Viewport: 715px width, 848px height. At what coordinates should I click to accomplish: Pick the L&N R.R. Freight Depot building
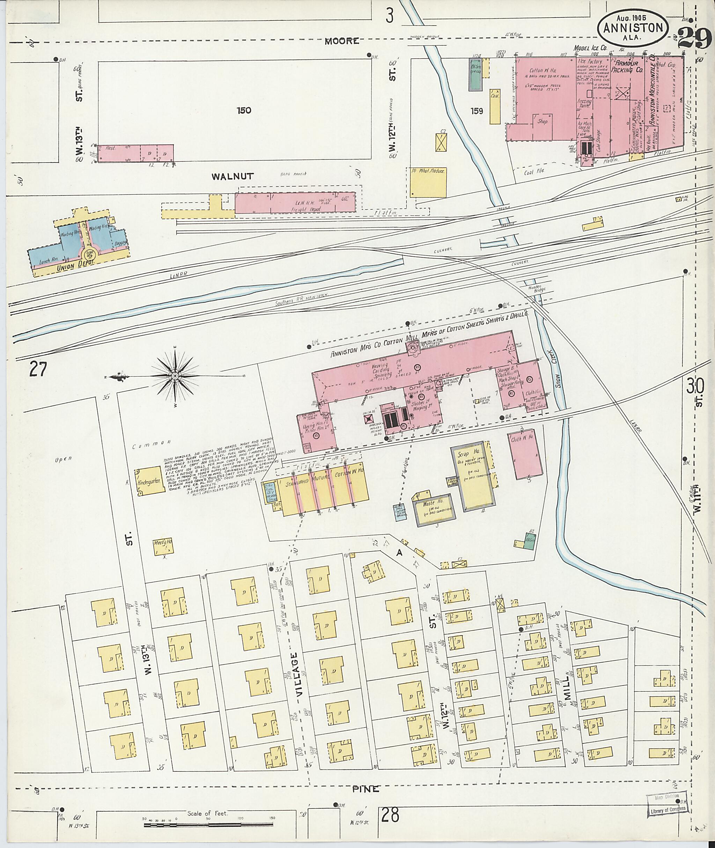tap(295, 202)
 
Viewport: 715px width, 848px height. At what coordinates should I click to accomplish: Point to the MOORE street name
tap(342, 40)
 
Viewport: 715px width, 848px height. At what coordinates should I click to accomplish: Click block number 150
tap(244, 110)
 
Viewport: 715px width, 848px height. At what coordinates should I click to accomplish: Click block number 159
tap(477, 111)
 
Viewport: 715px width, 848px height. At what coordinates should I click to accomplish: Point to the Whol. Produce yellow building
tap(428, 182)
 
